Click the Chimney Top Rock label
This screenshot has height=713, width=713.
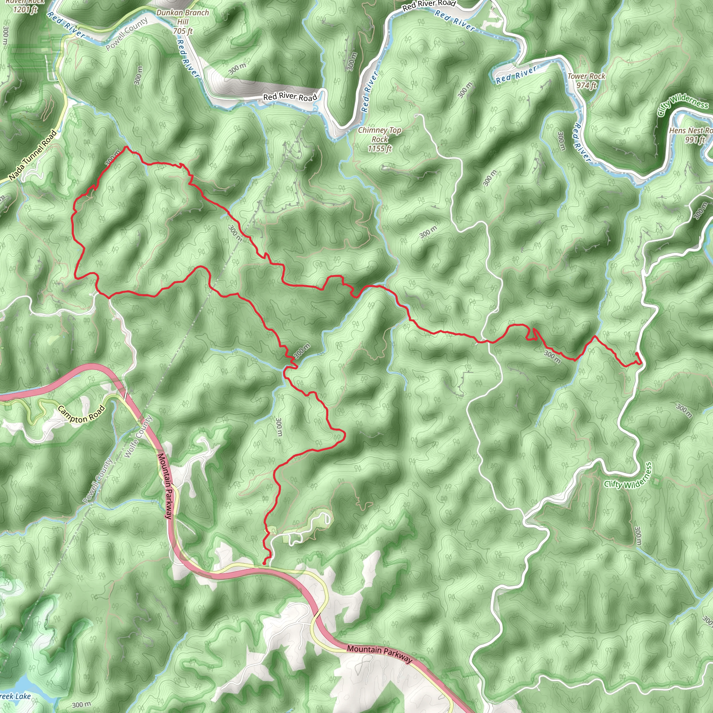click(379, 139)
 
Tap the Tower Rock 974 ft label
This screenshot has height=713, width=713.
click(586, 81)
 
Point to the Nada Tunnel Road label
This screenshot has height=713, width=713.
click(33, 155)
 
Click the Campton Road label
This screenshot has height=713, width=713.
click(81, 414)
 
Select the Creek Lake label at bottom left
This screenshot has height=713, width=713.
click(15, 696)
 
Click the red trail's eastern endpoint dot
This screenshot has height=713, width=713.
click(637, 354)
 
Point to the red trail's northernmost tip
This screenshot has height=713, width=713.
click(126, 147)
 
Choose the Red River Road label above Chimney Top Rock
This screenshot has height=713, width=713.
click(290, 97)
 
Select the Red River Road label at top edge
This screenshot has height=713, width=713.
click(429, 5)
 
